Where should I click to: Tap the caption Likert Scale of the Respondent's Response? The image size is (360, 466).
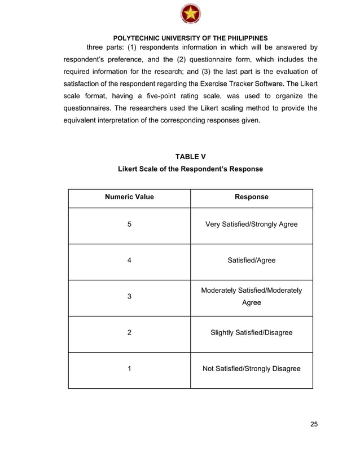point(190,169)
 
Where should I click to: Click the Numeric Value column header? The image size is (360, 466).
point(129,197)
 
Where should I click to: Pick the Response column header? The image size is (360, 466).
point(251,197)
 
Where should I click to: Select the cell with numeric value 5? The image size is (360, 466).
point(129,225)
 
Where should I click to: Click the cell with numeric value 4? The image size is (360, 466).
point(129,261)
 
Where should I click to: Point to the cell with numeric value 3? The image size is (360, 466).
point(129,297)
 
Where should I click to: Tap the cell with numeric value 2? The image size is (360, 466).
point(129,333)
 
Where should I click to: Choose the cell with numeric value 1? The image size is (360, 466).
point(129,369)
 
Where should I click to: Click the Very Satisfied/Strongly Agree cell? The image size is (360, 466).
point(251,225)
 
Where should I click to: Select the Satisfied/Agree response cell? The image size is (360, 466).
point(251,261)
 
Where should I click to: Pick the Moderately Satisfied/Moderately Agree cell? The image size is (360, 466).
point(251,297)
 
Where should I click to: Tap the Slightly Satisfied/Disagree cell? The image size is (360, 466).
point(251,333)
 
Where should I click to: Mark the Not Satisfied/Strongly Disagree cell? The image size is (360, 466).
point(251,369)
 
